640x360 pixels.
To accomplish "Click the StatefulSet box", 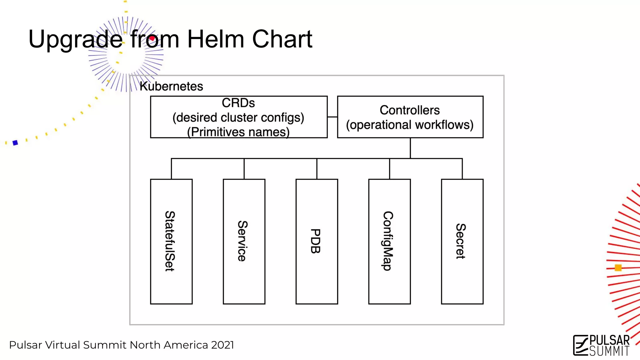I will click(171, 241).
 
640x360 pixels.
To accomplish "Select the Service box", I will click(244, 241).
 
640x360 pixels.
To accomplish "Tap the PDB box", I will click(317, 241).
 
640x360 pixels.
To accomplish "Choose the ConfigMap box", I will click(389, 241).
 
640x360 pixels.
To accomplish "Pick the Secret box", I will click(462, 241).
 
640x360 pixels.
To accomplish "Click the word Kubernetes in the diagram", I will click(171, 86).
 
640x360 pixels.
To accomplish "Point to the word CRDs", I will click(238, 103).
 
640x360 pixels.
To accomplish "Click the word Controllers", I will click(410, 110).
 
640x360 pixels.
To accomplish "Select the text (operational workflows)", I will click(410, 125).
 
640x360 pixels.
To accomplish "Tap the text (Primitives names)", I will click(238, 132).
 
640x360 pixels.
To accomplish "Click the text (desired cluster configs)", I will click(238, 117).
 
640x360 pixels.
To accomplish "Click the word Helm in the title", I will click(215, 39).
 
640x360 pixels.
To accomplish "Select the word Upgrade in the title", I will click(75, 40).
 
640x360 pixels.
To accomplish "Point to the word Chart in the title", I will click(282, 39).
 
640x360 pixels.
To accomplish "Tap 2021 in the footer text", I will click(222, 345).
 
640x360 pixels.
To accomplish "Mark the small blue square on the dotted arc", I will click(15, 143).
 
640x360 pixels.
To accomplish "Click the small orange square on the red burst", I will click(618, 267).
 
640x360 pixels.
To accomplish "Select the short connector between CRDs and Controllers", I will click(332, 117).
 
